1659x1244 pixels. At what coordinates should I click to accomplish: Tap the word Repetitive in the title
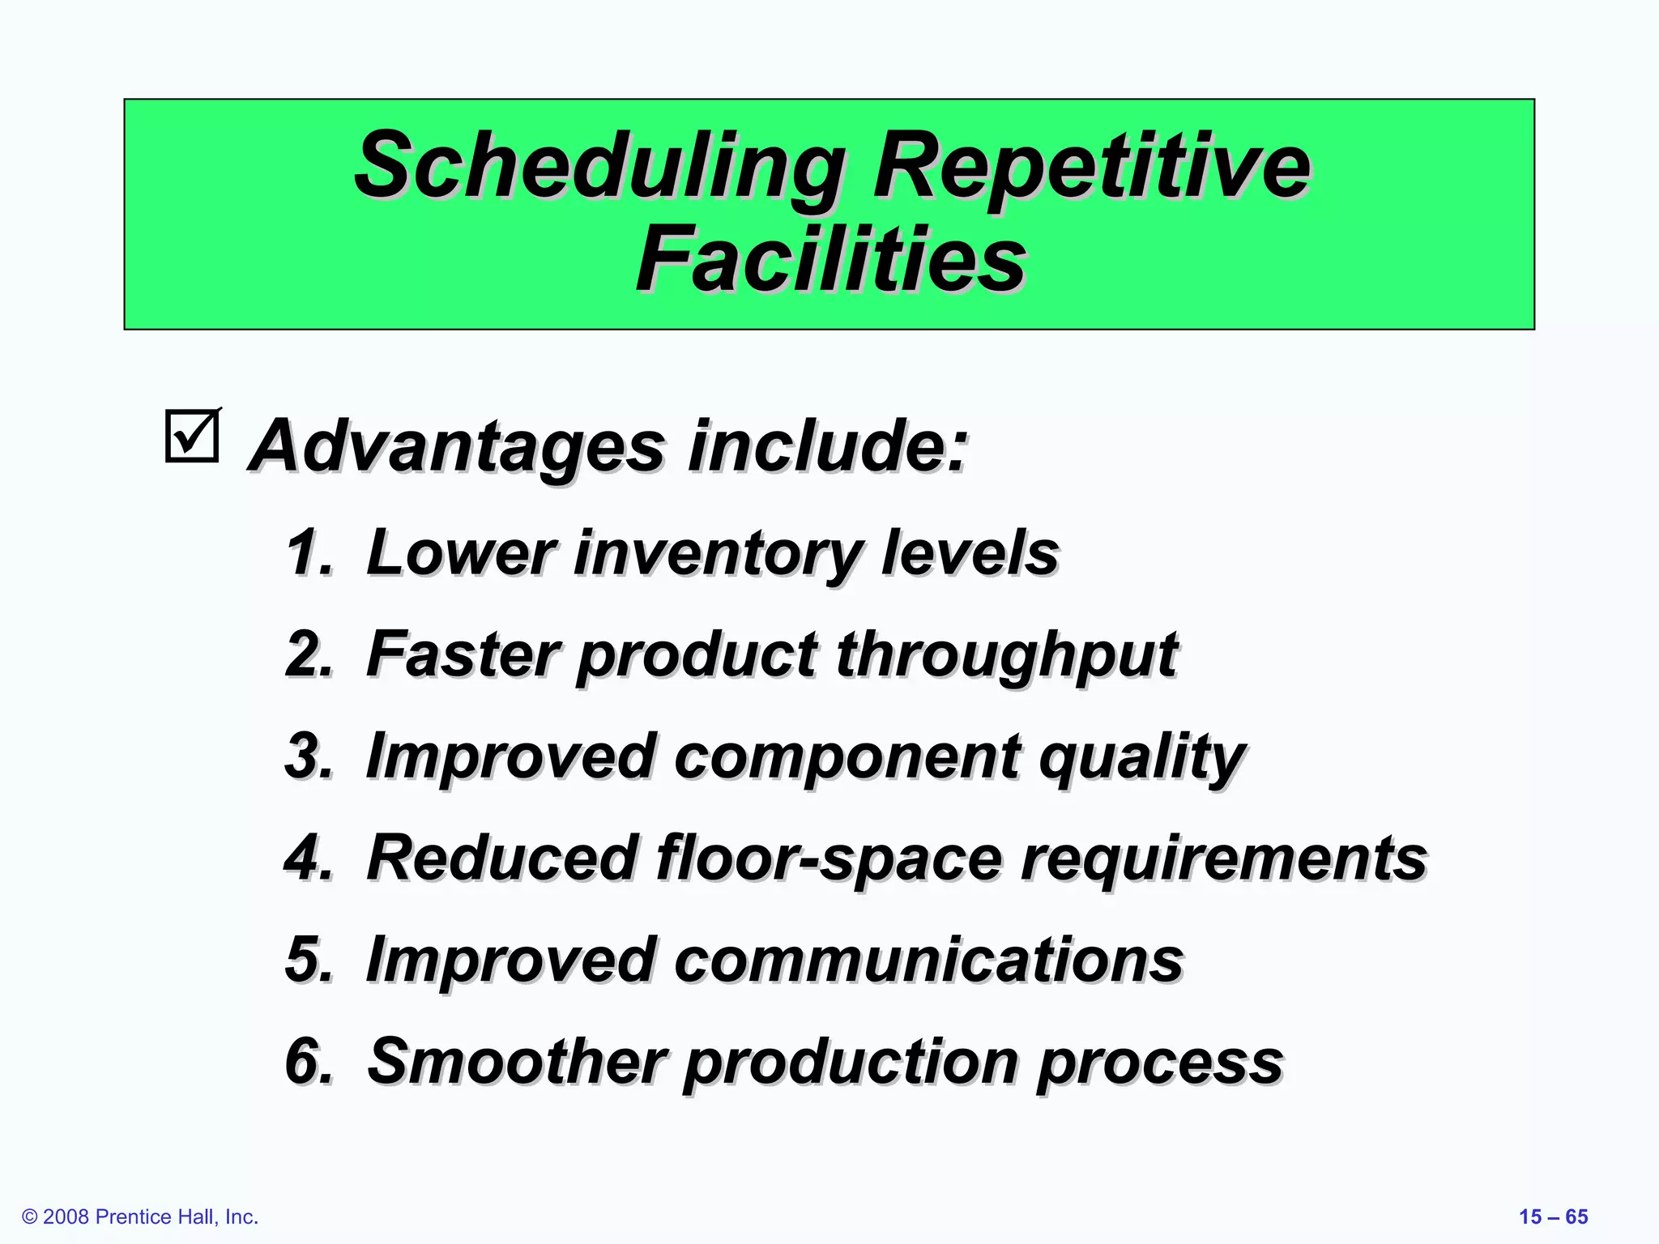tap(1090, 168)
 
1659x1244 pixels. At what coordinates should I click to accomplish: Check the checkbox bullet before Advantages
tap(193, 436)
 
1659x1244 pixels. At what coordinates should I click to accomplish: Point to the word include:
tap(828, 446)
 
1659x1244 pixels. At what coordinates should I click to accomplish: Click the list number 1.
tap(309, 553)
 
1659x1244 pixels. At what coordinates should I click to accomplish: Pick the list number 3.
tap(309, 756)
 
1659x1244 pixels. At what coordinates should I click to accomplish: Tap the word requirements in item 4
tap(1223, 860)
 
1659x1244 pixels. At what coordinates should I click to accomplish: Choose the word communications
tap(928, 961)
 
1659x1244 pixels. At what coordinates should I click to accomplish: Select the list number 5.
tap(309, 961)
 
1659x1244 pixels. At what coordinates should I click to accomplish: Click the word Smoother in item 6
tap(517, 1062)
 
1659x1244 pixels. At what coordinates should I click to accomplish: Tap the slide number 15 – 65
tap(1553, 1217)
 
